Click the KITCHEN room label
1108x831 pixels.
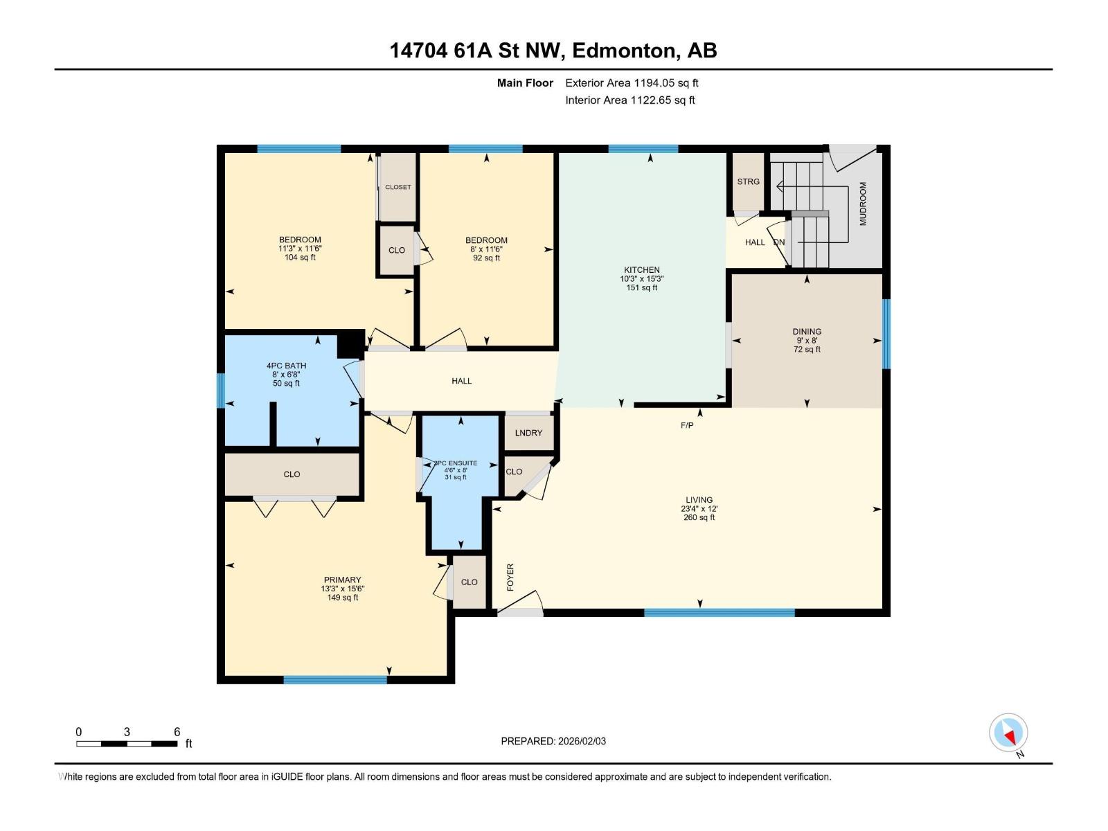click(641, 270)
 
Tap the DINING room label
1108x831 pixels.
click(807, 332)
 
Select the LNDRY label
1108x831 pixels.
click(528, 433)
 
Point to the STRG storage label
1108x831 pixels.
click(748, 181)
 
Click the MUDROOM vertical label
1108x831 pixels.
click(863, 204)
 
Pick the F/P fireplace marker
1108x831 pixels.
click(687, 425)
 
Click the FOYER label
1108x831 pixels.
click(510, 578)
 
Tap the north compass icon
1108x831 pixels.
click(1008, 733)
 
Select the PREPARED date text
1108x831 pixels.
click(553, 741)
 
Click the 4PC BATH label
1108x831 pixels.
click(286, 366)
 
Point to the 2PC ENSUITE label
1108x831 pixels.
click(456, 463)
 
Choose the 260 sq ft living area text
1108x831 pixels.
click(699, 517)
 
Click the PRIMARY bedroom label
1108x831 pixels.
click(342, 580)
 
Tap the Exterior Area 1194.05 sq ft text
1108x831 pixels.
click(632, 82)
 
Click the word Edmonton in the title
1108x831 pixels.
click(623, 51)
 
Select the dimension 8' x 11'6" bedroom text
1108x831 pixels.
click(486, 249)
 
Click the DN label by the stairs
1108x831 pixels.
click(779, 242)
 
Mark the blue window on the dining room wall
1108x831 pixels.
click(886, 334)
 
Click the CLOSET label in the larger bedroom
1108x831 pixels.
click(397, 187)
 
